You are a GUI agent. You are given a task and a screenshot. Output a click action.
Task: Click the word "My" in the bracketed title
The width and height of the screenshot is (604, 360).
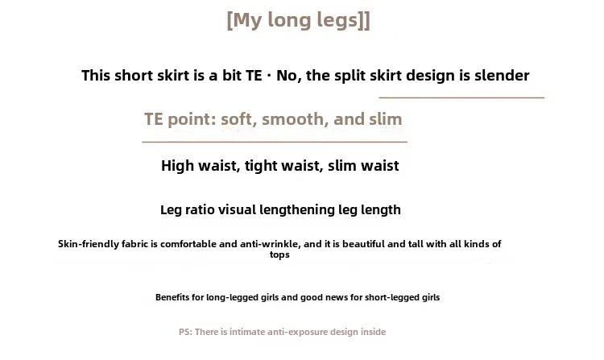pyautogui.click(x=247, y=20)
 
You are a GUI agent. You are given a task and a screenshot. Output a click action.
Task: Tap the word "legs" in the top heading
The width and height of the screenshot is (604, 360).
pyautogui.click(x=339, y=21)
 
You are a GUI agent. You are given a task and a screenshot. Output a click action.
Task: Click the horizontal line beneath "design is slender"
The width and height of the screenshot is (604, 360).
pyautogui.click(x=461, y=97)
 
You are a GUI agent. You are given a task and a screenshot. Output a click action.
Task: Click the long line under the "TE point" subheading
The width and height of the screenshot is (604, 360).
pyautogui.click(x=275, y=142)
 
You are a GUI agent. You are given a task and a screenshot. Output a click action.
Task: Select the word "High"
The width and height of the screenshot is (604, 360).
pyautogui.click(x=177, y=166)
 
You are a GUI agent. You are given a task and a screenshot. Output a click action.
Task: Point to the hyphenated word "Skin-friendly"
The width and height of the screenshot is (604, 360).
pyautogui.click(x=89, y=244)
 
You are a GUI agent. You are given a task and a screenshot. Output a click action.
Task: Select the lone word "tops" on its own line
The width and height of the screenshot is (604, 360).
pyautogui.click(x=279, y=254)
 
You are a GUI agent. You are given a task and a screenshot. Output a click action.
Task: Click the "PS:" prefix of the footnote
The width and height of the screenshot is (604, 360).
pyautogui.click(x=186, y=332)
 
